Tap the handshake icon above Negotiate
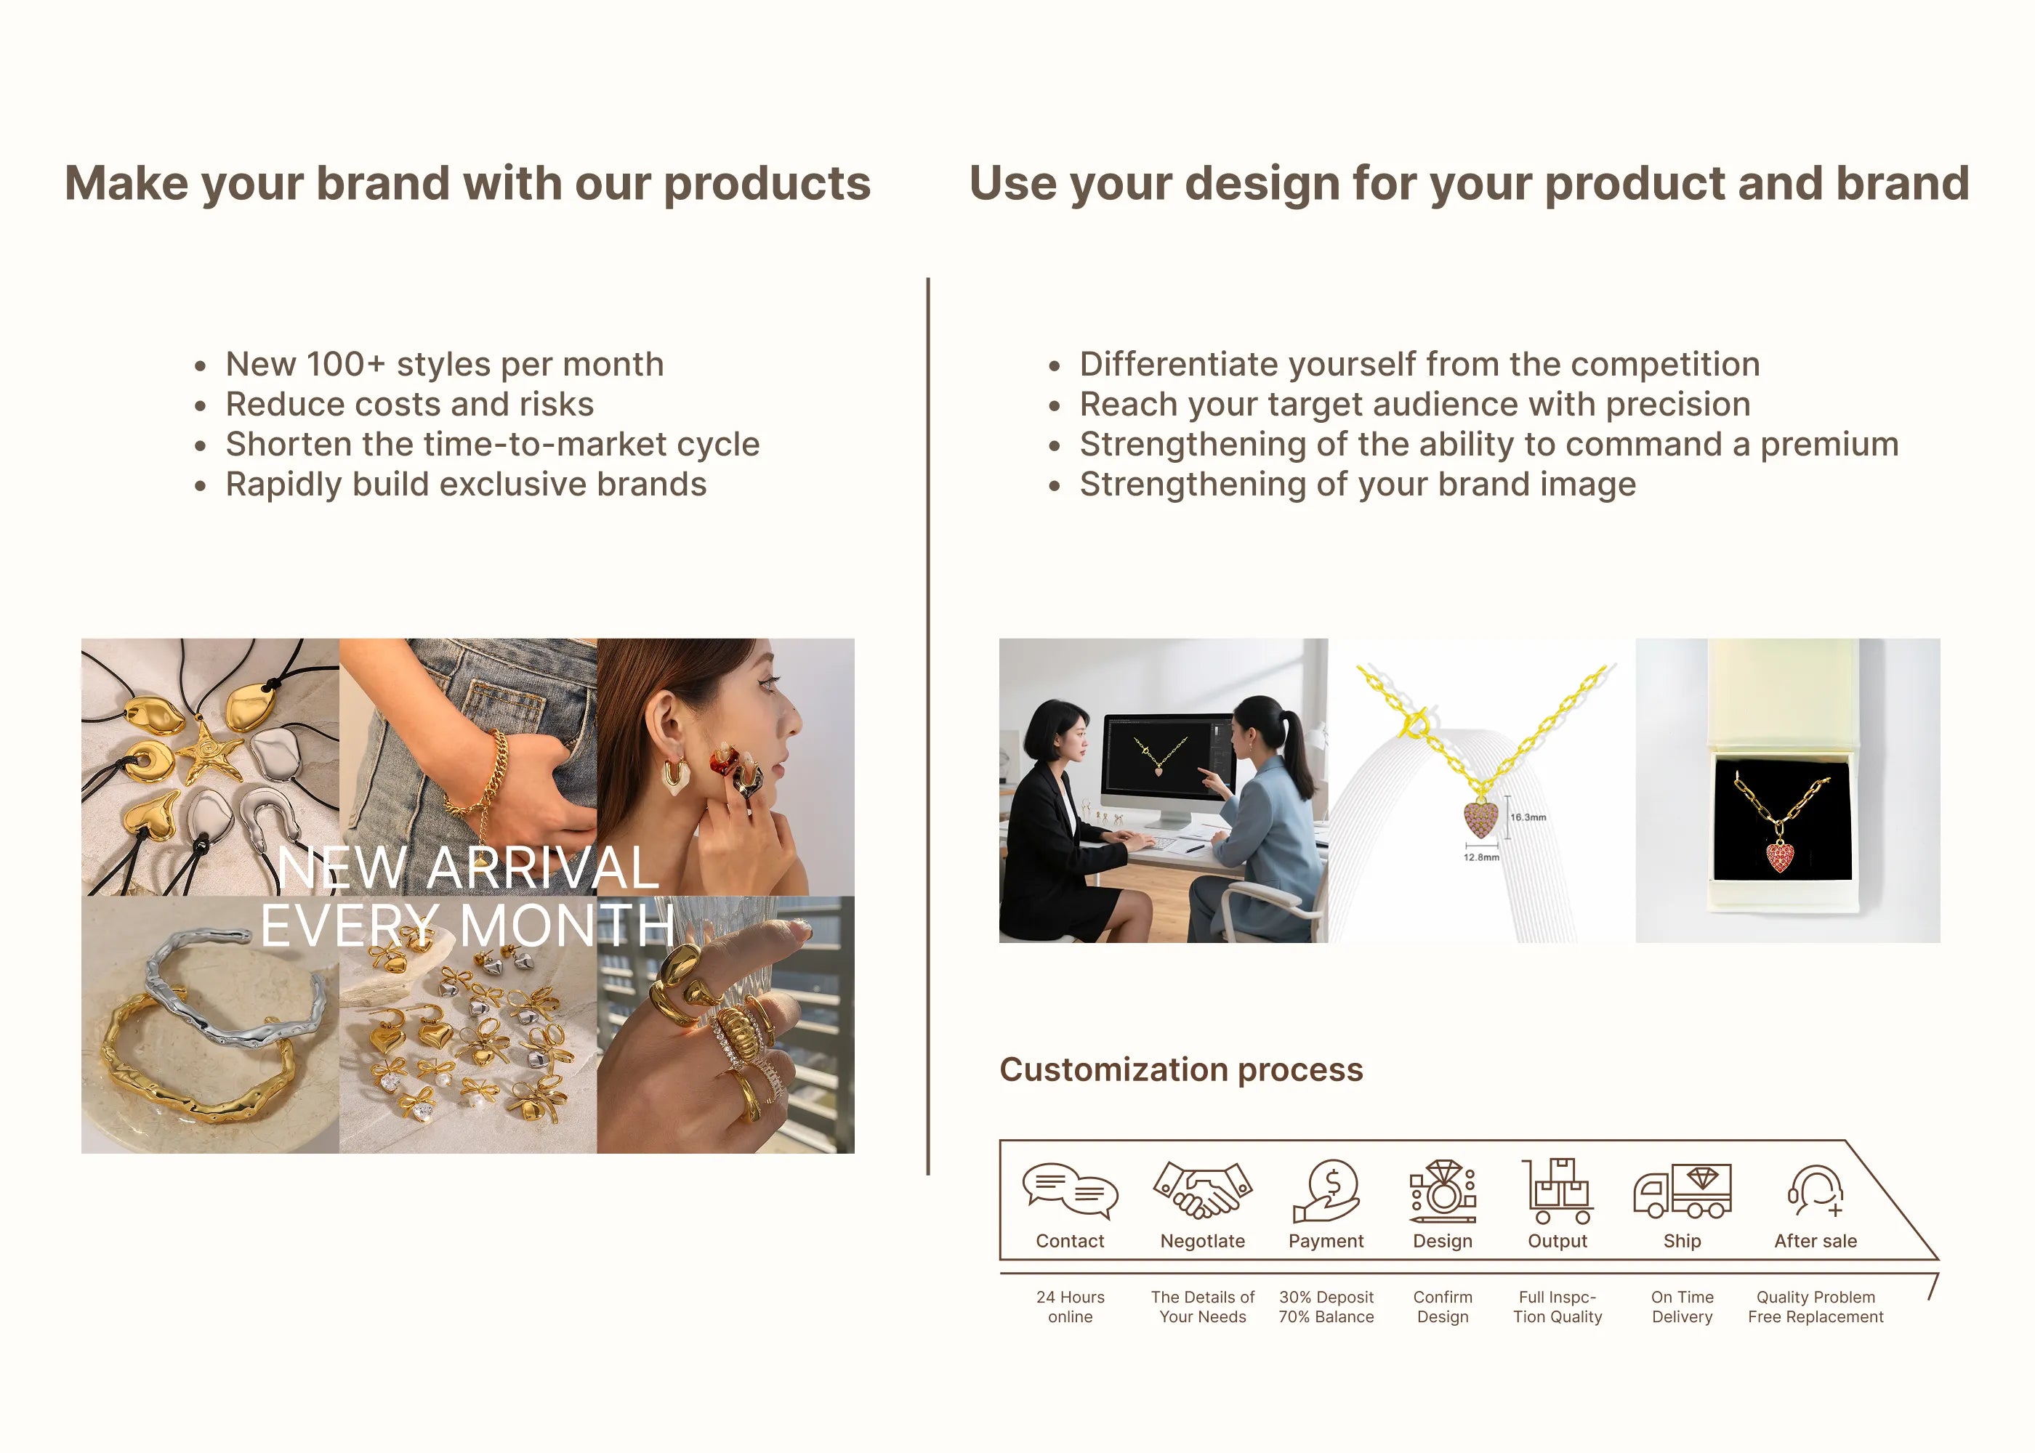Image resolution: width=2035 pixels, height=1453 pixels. tap(1203, 1190)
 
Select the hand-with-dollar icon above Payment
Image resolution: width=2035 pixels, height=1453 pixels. tap(1326, 1191)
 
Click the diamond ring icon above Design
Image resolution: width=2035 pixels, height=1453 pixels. tap(1443, 1191)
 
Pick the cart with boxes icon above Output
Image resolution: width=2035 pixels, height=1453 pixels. tap(1557, 1191)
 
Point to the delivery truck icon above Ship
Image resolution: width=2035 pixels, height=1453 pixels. tap(1683, 1191)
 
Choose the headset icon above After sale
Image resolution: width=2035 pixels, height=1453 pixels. tap(1816, 1190)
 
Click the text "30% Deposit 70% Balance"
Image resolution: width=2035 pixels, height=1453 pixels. tap(1326, 1307)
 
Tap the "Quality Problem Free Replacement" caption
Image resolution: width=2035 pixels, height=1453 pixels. tap(1816, 1307)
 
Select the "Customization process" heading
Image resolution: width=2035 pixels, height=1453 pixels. tap(1181, 1069)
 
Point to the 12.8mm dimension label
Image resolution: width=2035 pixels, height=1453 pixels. tap(1481, 857)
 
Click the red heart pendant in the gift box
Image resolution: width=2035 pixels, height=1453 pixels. tap(1780, 857)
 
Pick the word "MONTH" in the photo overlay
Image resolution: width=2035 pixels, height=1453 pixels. tap(568, 925)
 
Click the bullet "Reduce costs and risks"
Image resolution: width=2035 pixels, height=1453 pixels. tap(410, 405)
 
